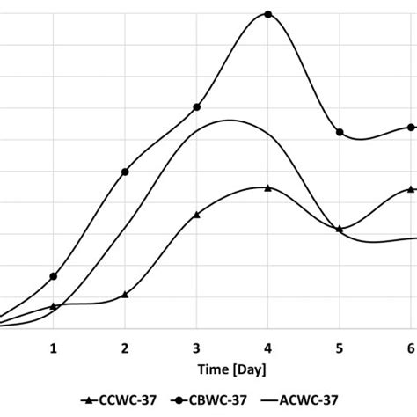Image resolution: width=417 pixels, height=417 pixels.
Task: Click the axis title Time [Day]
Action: pos(232,369)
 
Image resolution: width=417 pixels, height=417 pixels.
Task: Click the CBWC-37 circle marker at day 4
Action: pos(268,15)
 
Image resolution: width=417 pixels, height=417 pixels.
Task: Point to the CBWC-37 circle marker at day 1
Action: pos(54,276)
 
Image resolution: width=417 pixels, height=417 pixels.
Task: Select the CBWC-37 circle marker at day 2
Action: pos(125,172)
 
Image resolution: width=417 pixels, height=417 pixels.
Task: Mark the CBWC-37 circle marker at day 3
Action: pos(196,107)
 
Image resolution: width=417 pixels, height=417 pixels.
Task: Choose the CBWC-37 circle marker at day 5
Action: pos(340,132)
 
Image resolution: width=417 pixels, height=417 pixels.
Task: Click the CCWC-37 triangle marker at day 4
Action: pos(267,187)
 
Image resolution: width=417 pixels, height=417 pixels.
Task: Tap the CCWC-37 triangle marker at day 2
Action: pos(125,294)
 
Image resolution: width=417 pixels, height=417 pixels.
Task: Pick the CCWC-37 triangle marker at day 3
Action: pos(196,214)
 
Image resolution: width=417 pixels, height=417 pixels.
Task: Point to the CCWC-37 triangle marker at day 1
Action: pos(54,306)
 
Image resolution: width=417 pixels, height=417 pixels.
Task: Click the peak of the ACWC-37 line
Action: pos(230,120)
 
